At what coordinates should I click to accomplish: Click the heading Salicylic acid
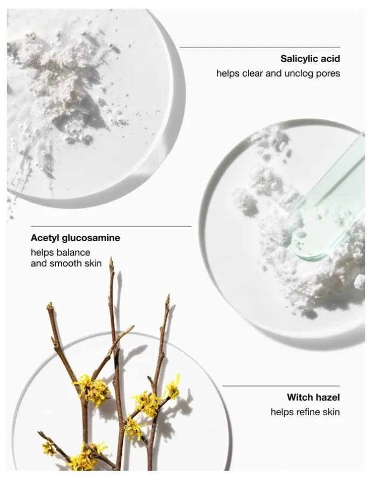click(x=310, y=58)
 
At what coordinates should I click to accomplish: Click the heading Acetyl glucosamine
click(x=75, y=238)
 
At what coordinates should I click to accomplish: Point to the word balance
click(x=73, y=252)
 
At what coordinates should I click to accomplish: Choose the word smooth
click(x=66, y=263)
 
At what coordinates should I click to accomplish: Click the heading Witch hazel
click(x=313, y=397)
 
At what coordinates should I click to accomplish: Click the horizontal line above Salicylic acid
click(x=260, y=47)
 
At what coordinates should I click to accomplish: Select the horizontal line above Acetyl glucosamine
click(x=111, y=226)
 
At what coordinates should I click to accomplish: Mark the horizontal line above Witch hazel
click(x=281, y=386)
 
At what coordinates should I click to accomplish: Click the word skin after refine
click(x=330, y=412)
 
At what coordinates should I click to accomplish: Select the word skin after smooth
click(x=93, y=263)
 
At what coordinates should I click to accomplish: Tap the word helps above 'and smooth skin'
click(x=42, y=253)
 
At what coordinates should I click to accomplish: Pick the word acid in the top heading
click(x=329, y=58)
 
